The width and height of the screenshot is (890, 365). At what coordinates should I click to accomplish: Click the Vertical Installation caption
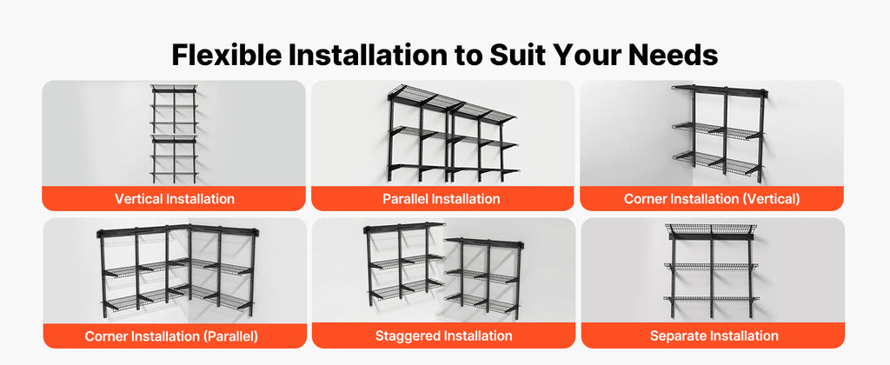click(x=174, y=199)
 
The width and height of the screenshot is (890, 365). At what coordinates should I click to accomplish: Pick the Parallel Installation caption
click(x=441, y=199)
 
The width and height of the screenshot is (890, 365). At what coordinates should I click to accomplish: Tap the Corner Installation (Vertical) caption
click(x=712, y=199)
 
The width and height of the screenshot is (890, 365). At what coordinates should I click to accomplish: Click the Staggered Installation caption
click(x=443, y=336)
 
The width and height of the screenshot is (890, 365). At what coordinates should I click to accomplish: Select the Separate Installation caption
click(x=714, y=336)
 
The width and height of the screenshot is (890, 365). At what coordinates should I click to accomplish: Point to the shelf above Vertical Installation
click(x=174, y=134)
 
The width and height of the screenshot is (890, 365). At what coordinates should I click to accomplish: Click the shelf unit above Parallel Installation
click(x=452, y=134)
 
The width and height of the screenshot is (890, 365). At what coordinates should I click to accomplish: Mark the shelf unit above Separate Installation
click(x=711, y=271)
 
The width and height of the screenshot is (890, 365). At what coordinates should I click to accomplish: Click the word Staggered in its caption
click(x=407, y=336)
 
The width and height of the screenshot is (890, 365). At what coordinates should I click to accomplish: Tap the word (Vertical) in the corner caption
click(x=773, y=199)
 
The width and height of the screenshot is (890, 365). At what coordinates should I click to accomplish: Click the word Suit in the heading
click(x=508, y=56)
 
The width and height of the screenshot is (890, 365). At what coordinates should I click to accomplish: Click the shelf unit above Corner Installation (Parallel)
click(x=177, y=271)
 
